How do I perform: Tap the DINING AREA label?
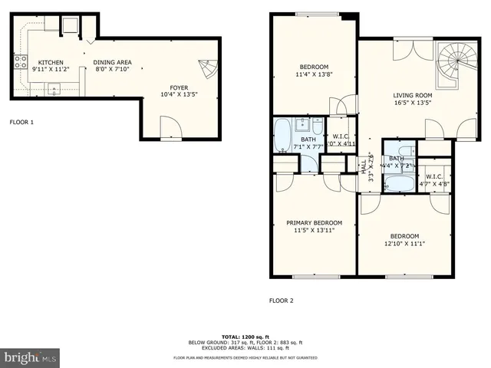tap(113, 62)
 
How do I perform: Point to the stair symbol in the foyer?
tap(207, 70)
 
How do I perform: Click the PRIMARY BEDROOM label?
tap(315, 222)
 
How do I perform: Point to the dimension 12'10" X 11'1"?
tap(404, 244)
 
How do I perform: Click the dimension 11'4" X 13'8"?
tap(314, 74)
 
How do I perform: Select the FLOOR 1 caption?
tap(21, 122)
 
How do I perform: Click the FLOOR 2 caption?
tap(282, 301)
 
